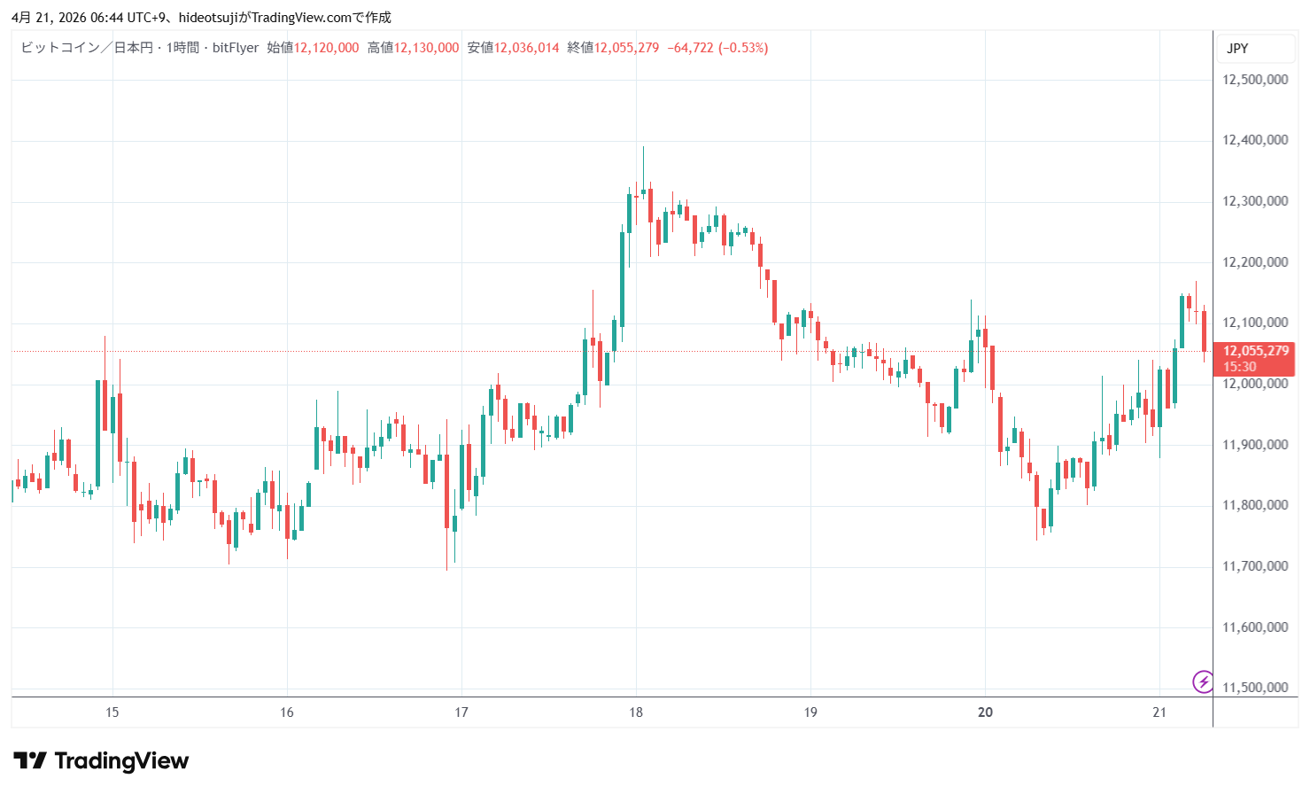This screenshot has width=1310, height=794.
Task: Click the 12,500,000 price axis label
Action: (1254, 80)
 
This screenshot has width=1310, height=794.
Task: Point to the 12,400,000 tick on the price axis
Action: (1254, 140)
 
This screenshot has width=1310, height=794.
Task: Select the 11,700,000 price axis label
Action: (1254, 566)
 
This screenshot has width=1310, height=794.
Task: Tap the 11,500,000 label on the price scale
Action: (1254, 688)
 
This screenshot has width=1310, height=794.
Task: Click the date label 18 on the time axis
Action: (636, 712)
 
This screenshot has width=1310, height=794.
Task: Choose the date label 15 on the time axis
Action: (112, 712)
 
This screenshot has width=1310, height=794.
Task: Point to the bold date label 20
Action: (985, 712)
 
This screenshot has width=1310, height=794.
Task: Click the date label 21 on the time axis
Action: (1159, 712)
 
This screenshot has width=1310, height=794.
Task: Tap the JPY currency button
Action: (1237, 49)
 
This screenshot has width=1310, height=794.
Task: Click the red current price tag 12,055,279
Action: (1255, 352)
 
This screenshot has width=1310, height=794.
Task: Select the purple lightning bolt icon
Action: (1203, 681)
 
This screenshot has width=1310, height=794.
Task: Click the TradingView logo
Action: (101, 761)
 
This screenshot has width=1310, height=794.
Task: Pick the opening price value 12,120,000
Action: (326, 48)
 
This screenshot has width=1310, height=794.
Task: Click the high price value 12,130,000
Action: (426, 48)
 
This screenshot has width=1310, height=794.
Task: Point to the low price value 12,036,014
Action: (526, 48)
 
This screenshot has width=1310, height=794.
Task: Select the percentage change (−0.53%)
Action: (743, 48)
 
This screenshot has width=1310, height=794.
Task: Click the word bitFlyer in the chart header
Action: (236, 48)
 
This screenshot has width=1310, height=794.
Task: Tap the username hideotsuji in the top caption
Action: (208, 18)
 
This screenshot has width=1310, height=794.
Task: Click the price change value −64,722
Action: (690, 48)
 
